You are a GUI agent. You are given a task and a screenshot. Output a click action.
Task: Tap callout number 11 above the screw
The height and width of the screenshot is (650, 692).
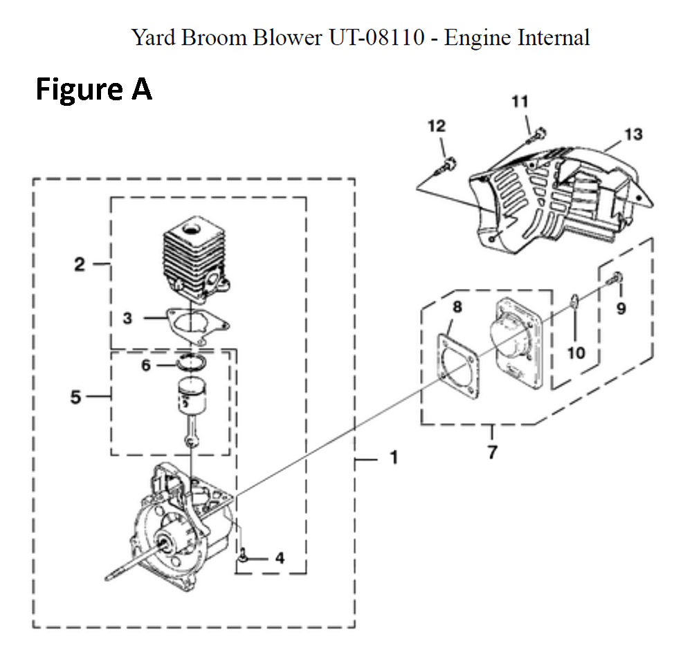tap(520, 102)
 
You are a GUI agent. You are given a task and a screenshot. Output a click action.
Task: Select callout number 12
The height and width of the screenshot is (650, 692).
tap(437, 126)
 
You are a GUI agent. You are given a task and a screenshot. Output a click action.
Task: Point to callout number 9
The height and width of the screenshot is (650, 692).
tap(621, 308)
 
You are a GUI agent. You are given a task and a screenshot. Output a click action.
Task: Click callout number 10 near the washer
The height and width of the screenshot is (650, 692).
tap(576, 353)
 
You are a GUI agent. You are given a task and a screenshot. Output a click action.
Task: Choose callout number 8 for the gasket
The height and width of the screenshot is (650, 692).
tap(457, 307)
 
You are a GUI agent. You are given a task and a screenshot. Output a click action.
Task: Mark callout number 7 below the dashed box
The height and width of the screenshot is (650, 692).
tap(492, 453)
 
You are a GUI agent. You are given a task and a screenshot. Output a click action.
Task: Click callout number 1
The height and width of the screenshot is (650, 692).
tap(393, 458)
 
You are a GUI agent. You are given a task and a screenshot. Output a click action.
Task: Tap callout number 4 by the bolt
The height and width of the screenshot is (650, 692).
tap(279, 557)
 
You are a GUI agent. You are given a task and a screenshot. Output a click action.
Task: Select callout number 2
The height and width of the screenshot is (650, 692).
tap(81, 263)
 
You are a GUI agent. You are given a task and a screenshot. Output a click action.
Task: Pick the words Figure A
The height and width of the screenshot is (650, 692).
tap(93, 91)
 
